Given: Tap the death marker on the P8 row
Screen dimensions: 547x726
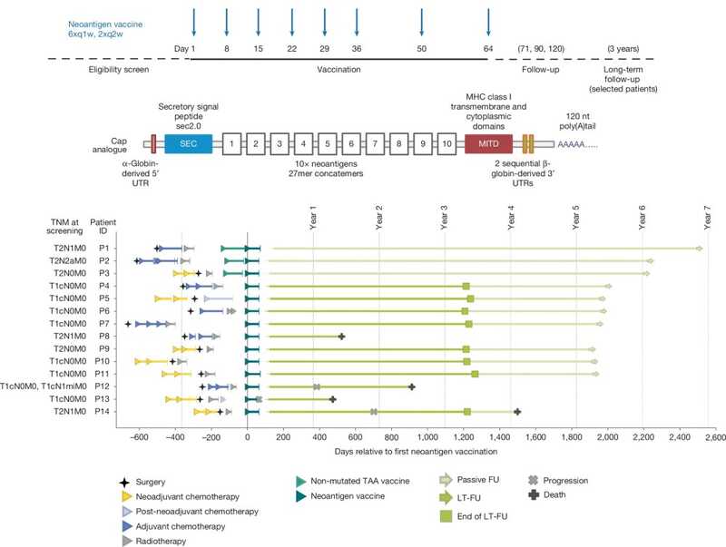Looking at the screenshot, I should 342,337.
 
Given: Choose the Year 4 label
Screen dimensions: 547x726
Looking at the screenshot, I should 511,221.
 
